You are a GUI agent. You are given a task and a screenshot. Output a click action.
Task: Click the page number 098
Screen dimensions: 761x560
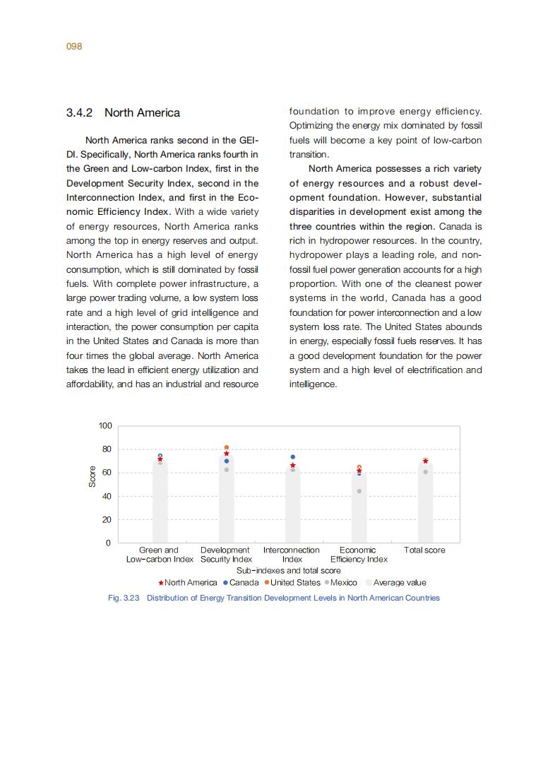click(x=74, y=47)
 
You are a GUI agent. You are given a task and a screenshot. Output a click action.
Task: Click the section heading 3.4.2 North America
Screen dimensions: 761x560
click(x=123, y=113)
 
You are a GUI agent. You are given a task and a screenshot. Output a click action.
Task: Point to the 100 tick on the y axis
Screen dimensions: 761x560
click(x=105, y=426)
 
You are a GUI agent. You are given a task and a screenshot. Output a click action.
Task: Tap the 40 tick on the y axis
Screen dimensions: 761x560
click(x=107, y=497)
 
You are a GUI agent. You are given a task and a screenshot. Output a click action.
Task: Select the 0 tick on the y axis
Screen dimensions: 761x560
click(x=109, y=543)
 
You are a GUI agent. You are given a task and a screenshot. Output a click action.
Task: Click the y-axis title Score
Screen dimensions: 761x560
click(x=92, y=477)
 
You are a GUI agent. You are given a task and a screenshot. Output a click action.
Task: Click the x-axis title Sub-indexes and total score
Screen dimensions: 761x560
click(x=288, y=570)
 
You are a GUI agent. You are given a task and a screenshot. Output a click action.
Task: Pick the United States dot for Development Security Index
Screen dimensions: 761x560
click(x=227, y=448)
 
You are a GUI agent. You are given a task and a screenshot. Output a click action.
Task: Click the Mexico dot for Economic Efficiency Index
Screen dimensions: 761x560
click(x=359, y=491)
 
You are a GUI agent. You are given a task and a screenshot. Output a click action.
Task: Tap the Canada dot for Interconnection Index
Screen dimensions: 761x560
click(x=293, y=457)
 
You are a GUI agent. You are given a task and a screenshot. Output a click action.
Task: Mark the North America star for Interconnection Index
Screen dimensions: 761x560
click(x=293, y=466)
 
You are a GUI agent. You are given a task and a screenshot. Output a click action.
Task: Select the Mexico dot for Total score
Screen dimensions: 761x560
click(x=425, y=472)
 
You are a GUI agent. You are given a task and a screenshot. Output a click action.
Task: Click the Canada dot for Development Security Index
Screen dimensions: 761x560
click(x=227, y=461)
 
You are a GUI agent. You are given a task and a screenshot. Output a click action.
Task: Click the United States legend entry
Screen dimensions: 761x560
click(x=292, y=583)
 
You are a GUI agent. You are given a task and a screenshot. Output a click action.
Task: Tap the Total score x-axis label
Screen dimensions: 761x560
click(x=424, y=550)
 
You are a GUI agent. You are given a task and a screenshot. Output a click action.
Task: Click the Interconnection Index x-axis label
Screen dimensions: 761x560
click(x=292, y=555)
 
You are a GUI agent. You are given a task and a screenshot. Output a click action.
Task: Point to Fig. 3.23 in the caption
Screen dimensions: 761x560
click(x=124, y=598)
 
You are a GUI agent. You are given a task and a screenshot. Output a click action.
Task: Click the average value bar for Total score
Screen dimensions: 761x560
click(x=425, y=509)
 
